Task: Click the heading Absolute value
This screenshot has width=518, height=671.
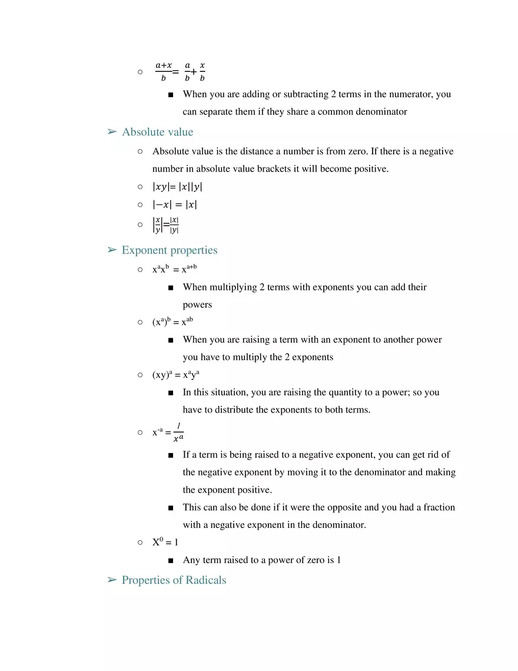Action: pos(157,132)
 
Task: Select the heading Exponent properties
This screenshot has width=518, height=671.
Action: pos(170,250)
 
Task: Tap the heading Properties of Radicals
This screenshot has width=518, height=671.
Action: pos(174,580)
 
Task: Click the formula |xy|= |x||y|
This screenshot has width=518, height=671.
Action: pos(177,187)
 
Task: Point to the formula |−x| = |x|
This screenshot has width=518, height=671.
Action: pos(175,204)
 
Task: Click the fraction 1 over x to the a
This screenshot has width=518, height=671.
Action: pos(178,432)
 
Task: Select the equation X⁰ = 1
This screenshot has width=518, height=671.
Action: pos(165,542)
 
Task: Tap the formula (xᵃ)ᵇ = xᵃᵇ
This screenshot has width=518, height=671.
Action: pos(172,322)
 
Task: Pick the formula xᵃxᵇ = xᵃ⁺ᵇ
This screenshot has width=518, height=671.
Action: pos(174,269)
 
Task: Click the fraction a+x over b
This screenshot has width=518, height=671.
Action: pos(163,71)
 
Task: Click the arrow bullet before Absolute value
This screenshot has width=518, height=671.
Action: pos(112,132)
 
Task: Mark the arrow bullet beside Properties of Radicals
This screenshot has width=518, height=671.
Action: pos(112,580)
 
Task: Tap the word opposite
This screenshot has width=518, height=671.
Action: pos(331,507)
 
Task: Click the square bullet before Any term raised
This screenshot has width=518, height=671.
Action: pos(171,560)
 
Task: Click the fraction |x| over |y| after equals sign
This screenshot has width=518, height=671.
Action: pos(174,224)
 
